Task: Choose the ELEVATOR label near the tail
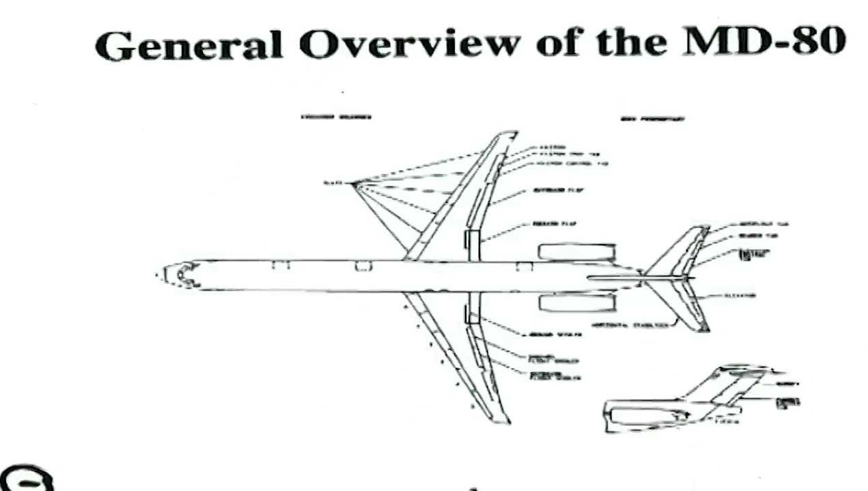(740, 295)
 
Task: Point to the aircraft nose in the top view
(167, 275)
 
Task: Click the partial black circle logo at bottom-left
(26, 479)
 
